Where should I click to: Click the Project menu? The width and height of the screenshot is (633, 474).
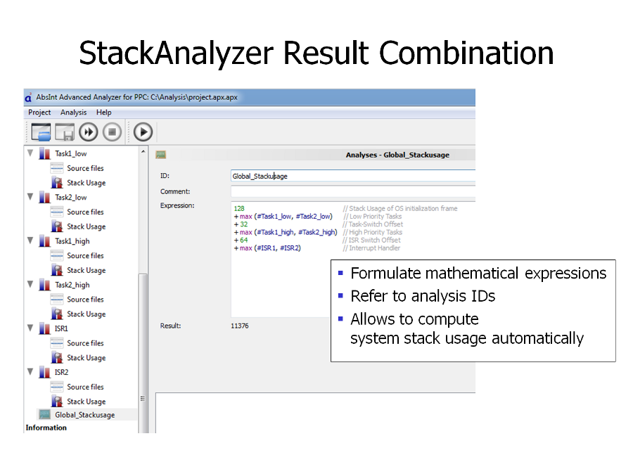39,113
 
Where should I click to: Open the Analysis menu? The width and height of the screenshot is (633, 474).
73,113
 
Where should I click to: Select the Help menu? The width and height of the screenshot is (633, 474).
104,113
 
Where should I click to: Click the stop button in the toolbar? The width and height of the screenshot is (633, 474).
112,132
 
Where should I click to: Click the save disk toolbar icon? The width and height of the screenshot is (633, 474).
65,132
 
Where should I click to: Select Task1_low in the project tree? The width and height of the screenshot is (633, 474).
70,153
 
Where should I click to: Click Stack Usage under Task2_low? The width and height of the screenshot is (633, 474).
86,226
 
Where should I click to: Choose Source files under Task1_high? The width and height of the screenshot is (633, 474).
85,255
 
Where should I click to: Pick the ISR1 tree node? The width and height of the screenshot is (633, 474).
61,328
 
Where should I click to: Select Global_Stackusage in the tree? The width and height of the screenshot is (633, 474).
85,415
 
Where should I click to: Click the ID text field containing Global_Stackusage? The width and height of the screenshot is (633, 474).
353,176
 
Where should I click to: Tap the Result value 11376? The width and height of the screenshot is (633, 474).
240,326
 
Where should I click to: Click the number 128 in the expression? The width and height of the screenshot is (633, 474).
239,208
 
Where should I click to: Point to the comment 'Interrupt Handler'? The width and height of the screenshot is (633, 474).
375,248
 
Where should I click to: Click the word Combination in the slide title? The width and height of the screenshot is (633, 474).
466,53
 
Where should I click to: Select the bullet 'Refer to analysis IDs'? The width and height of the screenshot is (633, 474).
423,296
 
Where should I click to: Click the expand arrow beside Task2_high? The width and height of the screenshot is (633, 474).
30,284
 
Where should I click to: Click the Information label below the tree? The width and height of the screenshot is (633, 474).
46,428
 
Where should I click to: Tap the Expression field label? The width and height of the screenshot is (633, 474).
177,205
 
